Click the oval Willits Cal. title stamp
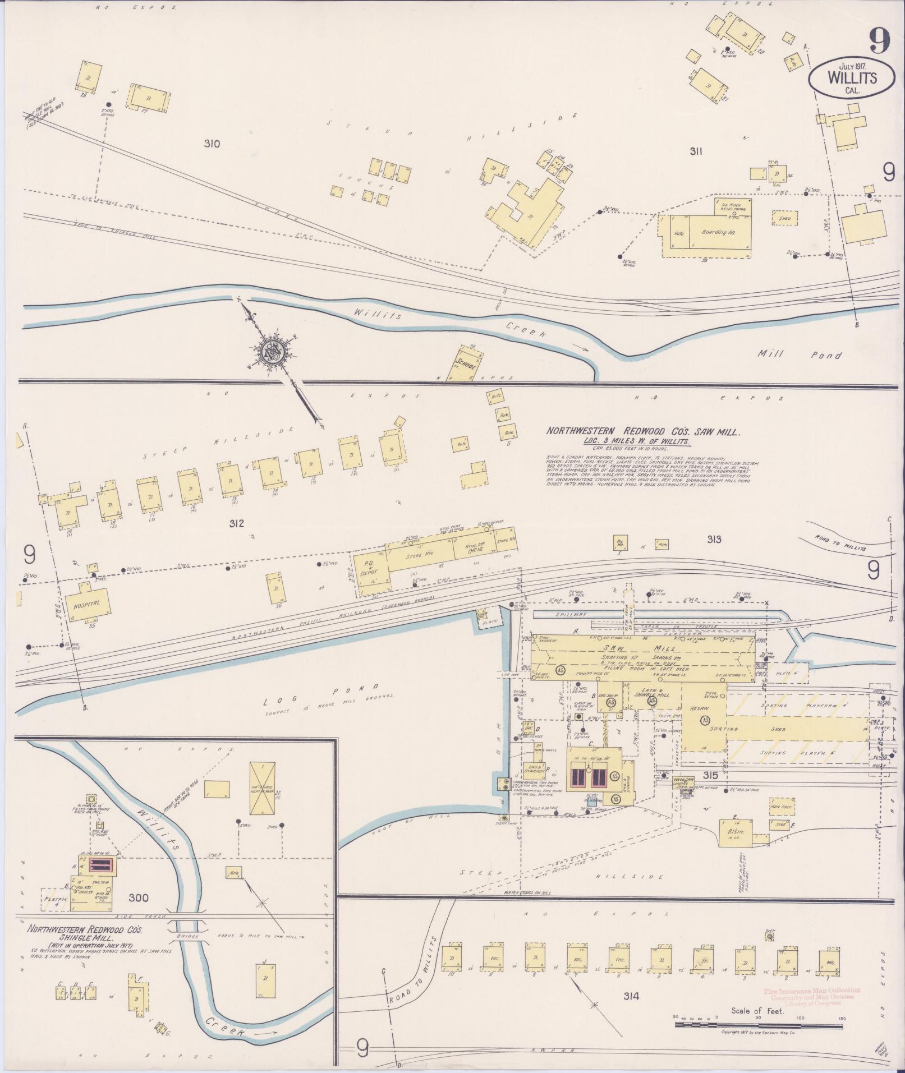[844, 79]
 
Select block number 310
[212, 144]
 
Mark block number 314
[631, 996]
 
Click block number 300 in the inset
[138, 898]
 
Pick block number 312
[236, 524]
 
